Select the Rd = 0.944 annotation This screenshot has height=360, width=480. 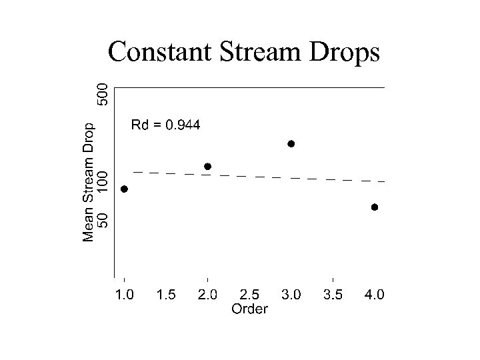click(x=165, y=125)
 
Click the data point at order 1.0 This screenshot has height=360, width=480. click(x=124, y=189)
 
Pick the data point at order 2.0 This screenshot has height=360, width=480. click(x=207, y=166)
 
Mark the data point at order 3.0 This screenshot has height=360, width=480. click(x=291, y=143)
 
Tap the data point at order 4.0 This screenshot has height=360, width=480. click(x=375, y=207)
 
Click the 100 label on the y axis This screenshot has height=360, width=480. click(x=102, y=182)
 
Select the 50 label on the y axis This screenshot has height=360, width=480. click(x=102, y=219)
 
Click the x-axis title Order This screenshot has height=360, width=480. click(x=249, y=309)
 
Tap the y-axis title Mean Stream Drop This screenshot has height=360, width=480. click(x=88, y=181)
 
